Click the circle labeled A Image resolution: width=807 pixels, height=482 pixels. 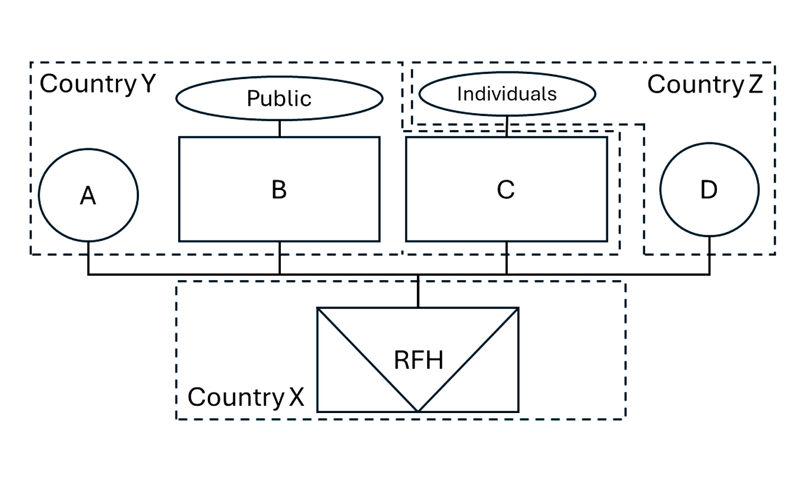88,195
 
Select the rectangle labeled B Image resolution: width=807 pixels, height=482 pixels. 279,189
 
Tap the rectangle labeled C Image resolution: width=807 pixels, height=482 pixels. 506,189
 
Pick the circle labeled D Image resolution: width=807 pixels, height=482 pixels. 709,189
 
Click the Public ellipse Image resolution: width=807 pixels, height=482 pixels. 279,98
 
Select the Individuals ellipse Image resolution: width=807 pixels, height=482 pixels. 507,94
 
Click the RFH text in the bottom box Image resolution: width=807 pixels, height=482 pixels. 418,360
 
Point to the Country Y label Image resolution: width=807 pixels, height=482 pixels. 98,84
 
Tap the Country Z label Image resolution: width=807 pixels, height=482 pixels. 704,85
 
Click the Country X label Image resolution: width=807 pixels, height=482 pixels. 245,397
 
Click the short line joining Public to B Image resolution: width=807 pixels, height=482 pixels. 280,128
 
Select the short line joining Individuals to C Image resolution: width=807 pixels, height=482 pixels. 507,126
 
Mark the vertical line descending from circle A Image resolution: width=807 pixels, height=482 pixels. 88,258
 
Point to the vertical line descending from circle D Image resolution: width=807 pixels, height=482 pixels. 709,256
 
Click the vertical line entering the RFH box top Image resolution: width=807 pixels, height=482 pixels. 418,291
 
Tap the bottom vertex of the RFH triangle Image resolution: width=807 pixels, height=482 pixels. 418,411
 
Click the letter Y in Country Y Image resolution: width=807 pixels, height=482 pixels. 148,84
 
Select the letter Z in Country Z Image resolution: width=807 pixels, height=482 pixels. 755,85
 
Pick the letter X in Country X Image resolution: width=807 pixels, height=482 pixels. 296,397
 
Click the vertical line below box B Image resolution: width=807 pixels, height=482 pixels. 280,258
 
